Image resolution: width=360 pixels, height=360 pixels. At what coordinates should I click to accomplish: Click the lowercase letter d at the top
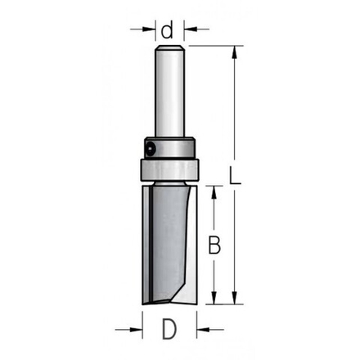(168, 30)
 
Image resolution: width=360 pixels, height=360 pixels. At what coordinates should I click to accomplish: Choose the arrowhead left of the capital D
(136, 330)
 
